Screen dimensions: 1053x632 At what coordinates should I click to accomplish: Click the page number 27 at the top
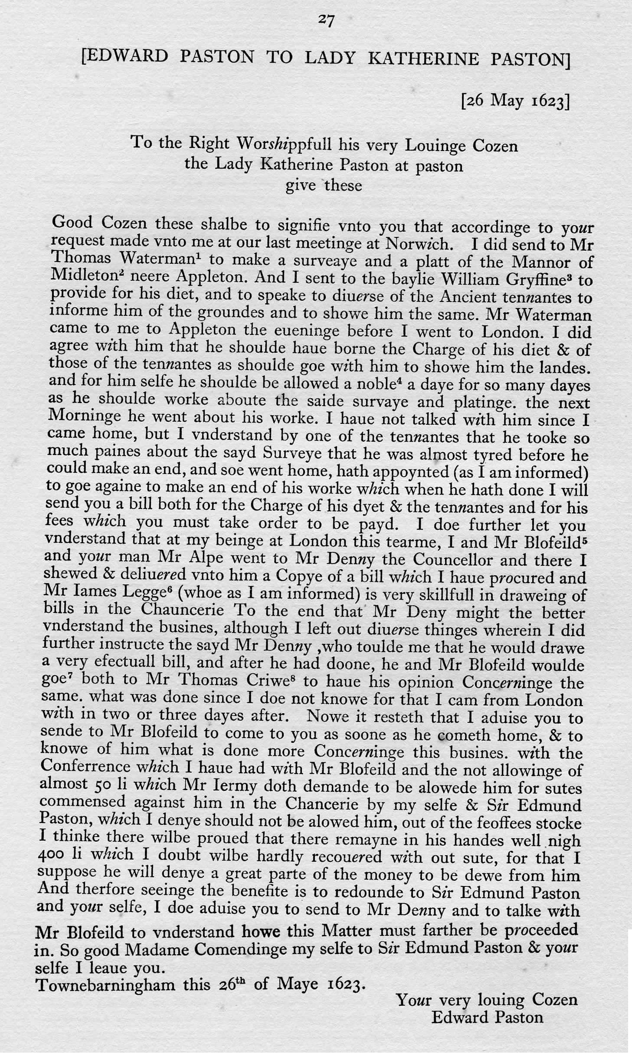click(325, 20)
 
